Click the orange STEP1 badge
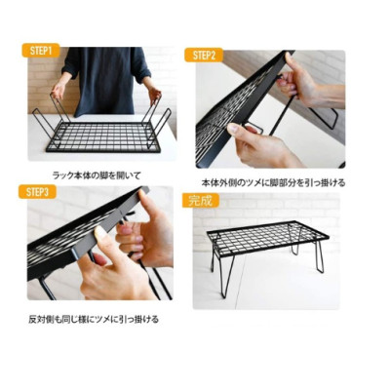pyautogui.click(x=43, y=50)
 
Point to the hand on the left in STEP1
pyautogui.click(x=58, y=90)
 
